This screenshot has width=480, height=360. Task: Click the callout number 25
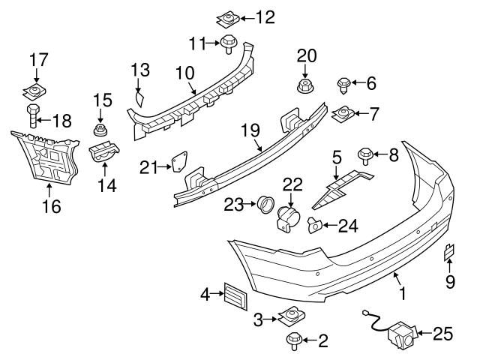[444, 334]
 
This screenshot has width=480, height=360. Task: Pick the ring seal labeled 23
[265, 204]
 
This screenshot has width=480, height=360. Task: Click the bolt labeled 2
[292, 341]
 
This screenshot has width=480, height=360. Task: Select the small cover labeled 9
[449, 253]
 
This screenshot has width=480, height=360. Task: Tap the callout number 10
[184, 73]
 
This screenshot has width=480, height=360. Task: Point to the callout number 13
[140, 71]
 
